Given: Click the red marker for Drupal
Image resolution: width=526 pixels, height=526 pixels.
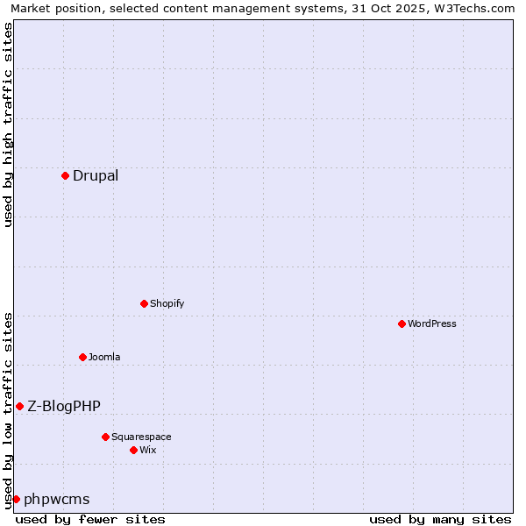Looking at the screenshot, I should pos(65,175).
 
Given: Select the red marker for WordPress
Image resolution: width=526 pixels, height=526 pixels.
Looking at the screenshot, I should pos(402,323).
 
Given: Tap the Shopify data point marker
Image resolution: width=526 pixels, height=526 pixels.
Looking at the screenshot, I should pos(144,303).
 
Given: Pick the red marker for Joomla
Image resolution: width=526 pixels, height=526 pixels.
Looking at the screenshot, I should pos(82,357).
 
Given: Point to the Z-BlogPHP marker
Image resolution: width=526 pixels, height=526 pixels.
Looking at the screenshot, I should pos(19,406).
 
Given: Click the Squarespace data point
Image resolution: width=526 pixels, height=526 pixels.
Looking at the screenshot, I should pos(105,437).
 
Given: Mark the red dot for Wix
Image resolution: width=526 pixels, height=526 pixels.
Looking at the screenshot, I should pos(133,450).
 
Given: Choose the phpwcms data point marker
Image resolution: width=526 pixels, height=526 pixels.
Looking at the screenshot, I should pos(16,499).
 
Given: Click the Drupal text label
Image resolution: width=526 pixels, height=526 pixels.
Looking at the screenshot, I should pos(96,175).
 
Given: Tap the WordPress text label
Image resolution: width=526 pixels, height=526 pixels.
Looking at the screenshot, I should pos(432,323).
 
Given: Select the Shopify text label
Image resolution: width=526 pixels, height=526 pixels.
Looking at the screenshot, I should pos(167,303).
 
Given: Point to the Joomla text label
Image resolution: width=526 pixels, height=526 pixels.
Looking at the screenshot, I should pos(104,357).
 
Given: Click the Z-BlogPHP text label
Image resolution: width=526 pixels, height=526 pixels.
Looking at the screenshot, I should pos(64,406).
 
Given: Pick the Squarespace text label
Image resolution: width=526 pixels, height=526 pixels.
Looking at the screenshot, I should pos(141,437).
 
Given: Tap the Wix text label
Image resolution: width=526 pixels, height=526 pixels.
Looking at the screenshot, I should pos(148,450).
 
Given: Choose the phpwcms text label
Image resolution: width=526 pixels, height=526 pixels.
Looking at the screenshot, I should pos(57,500).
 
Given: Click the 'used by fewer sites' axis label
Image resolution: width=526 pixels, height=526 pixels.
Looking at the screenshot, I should pos(90,519).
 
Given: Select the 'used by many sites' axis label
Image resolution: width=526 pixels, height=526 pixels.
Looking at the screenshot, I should pos(440,519).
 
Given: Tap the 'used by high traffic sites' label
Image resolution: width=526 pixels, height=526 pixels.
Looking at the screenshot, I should pos(8,124).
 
